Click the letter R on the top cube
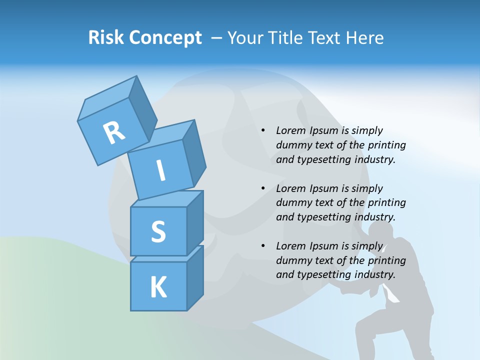point(114,133)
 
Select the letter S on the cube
point(158,231)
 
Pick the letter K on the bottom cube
point(158,287)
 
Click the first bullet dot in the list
point(263,130)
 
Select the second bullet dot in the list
point(263,188)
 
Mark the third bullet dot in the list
point(263,246)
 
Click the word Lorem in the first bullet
point(290,130)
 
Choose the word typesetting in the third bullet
point(321,274)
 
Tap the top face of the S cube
point(166,198)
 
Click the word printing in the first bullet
point(387,145)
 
